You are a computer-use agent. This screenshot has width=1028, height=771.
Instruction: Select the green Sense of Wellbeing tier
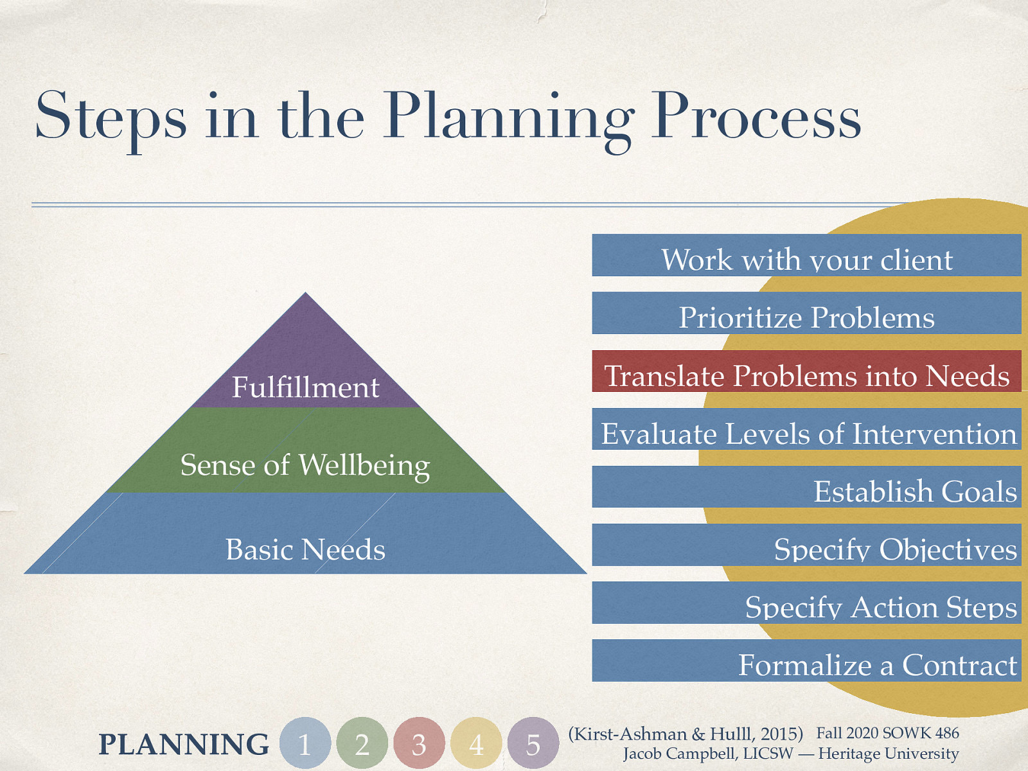pyautogui.click(x=305, y=464)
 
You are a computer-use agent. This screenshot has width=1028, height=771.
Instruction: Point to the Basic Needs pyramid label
pyautogui.click(x=305, y=549)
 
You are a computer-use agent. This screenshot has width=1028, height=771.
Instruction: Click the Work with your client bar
pyautogui.click(x=806, y=257)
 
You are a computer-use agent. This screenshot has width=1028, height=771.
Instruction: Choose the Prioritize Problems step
pyautogui.click(x=806, y=315)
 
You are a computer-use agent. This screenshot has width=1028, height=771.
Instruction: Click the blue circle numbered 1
pyautogui.click(x=305, y=743)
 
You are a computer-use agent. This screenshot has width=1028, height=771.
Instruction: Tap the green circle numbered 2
pyautogui.click(x=362, y=743)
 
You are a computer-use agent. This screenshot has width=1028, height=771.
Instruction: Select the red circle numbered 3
pyautogui.click(x=419, y=743)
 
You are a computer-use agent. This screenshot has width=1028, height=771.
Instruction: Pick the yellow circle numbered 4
pyautogui.click(x=476, y=743)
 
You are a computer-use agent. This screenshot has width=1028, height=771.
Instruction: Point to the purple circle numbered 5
pyautogui.click(x=533, y=743)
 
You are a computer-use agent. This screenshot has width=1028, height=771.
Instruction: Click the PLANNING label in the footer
pyautogui.click(x=184, y=744)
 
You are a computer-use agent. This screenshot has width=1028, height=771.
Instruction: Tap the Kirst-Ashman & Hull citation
pyautogui.click(x=686, y=734)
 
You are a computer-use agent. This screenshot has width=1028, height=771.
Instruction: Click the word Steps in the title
pyautogui.click(x=111, y=117)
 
